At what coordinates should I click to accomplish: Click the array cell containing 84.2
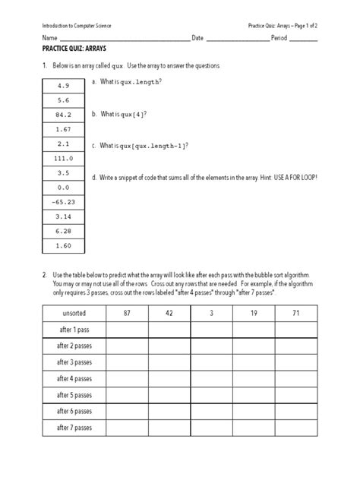(x=63, y=115)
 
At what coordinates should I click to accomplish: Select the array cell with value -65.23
(x=63, y=203)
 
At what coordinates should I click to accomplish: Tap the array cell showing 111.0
(x=63, y=159)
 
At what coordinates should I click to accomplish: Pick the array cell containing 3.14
(x=63, y=217)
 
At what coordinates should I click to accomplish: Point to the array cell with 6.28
(x=63, y=232)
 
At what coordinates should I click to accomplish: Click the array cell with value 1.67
(x=63, y=130)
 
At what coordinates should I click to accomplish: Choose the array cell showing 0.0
(x=63, y=188)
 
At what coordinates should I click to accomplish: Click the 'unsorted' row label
(x=73, y=313)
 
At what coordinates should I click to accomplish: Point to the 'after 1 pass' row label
(x=73, y=329)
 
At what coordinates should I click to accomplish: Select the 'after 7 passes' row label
(x=73, y=428)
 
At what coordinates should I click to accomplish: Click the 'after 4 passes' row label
(x=73, y=378)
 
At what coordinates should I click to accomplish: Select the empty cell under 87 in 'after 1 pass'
(x=127, y=329)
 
